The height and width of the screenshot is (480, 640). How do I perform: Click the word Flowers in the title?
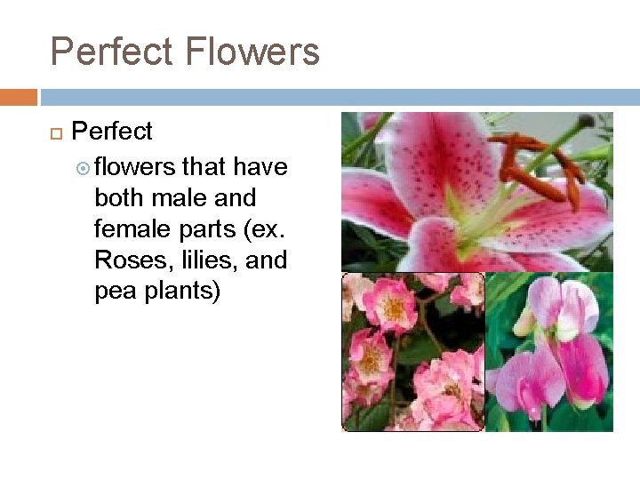[253, 52]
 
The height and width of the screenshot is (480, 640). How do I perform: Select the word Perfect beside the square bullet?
[112, 132]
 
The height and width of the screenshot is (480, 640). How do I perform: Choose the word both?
[116, 197]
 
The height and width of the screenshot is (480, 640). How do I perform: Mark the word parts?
[203, 229]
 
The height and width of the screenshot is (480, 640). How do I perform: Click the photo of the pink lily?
[477, 191]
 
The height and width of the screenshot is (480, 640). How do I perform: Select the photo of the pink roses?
[413, 352]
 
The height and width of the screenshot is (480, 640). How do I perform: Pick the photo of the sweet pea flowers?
[549, 352]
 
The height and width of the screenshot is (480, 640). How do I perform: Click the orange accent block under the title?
[19, 97]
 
